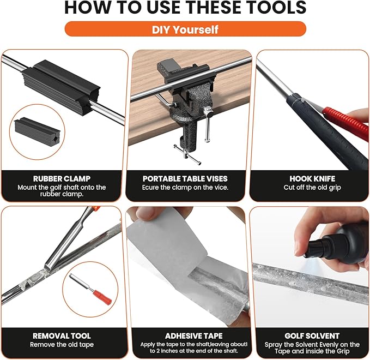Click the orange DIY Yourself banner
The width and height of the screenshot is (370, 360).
(x=185, y=29)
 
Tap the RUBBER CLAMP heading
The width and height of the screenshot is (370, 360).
(x=62, y=178)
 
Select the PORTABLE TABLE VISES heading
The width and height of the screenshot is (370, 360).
(x=185, y=178)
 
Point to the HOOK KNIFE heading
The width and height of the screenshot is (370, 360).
(x=312, y=178)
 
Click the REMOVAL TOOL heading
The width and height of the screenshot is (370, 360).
(x=62, y=335)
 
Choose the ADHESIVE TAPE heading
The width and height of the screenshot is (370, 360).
(x=193, y=335)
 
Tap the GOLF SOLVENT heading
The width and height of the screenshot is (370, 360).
(x=312, y=335)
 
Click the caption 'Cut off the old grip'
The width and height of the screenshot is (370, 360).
(x=312, y=188)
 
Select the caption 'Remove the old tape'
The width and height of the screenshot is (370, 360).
(x=62, y=345)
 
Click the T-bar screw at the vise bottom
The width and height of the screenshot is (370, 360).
(x=187, y=155)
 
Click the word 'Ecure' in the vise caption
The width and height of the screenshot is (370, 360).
(x=150, y=188)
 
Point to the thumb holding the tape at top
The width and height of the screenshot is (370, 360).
(x=145, y=213)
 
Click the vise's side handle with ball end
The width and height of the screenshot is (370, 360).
(x=208, y=124)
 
